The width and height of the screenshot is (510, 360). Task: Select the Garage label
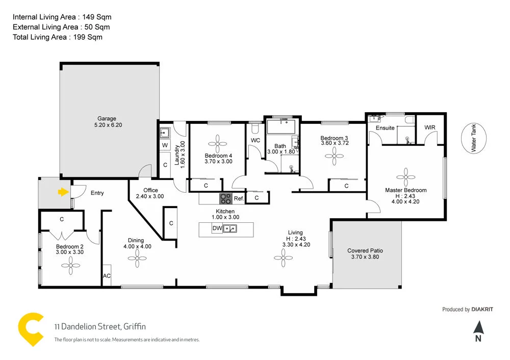pyautogui.click(x=107, y=119)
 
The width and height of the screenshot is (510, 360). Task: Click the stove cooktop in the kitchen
pyautogui.click(x=226, y=198)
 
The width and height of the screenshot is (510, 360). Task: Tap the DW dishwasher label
pyautogui.click(x=217, y=228)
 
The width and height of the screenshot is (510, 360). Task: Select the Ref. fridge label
pyautogui.click(x=239, y=199)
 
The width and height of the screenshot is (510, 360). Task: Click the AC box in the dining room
pyautogui.click(x=107, y=276)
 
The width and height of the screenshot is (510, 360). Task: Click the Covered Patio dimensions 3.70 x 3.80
pyautogui.click(x=365, y=257)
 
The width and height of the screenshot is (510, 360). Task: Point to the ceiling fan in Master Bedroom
pyautogui.click(x=405, y=177)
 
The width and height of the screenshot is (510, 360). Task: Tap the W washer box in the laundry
pyautogui.click(x=165, y=145)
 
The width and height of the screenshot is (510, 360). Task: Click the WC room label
pyautogui.click(x=256, y=140)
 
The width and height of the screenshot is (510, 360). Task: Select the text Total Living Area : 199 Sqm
pyautogui.click(x=58, y=37)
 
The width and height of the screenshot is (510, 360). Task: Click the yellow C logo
pyautogui.click(x=30, y=329)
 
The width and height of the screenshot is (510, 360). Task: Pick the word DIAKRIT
pyautogui.click(x=482, y=309)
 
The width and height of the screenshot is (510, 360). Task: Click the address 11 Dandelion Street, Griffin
pyautogui.click(x=100, y=327)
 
